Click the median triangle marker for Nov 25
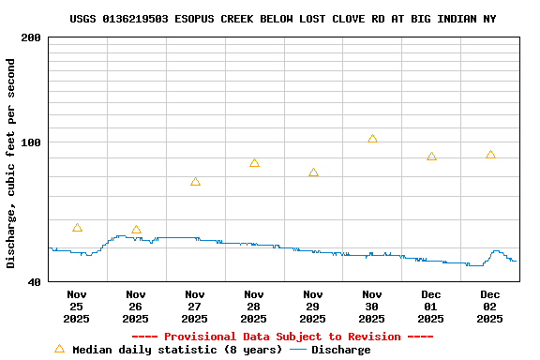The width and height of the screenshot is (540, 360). pyautogui.click(x=77, y=228)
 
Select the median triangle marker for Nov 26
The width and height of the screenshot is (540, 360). pyautogui.click(x=136, y=230)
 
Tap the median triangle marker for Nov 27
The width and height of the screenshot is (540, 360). pyautogui.click(x=195, y=182)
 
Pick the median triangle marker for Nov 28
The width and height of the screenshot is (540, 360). pyautogui.click(x=254, y=163)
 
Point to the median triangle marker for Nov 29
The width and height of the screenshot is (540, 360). pyautogui.click(x=313, y=172)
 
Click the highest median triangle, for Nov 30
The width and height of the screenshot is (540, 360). pyautogui.click(x=372, y=139)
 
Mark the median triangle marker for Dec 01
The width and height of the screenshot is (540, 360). pyautogui.click(x=431, y=157)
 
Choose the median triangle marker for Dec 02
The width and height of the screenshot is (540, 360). pyautogui.click(x=490, y=155)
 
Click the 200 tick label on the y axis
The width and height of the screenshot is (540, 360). pyautogui.click(x=31, y=37)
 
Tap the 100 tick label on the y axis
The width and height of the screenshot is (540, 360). pyautogui.click(x=31, y=142)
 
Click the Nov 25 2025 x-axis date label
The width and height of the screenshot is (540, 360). pyautogui.click(x=77, y=307)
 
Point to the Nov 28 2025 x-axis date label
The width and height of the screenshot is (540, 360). pyautogui.click(x=254, y=307)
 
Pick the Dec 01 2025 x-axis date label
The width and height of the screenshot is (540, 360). pyautogui.click(x=431, y=307)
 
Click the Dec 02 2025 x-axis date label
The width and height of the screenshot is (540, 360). pyautogui.click(x=490, y=307)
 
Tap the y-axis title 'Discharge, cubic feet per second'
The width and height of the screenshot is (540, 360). pyautogui.click(x=11, y=163)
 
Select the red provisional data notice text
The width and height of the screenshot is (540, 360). pyautogui.click(x=282, y=337)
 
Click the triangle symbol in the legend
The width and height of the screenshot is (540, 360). pyautogui.click(x=59, y=349)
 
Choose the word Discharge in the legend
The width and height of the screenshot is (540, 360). pyautogui.click(x=340, y=350)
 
